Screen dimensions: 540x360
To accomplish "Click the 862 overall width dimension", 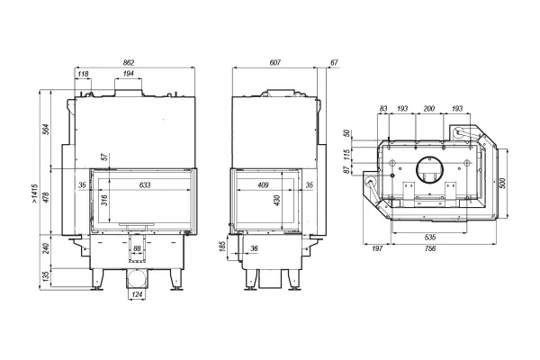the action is [129, 62].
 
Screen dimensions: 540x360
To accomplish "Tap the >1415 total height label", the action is [34, 193].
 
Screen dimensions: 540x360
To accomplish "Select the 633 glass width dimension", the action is [145, 185].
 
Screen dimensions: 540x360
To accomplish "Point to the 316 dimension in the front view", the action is [105, 200].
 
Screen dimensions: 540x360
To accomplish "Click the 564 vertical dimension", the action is [47, 130].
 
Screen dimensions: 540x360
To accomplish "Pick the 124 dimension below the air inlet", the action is [137, 294].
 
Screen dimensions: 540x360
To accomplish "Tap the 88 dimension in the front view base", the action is [137, 248].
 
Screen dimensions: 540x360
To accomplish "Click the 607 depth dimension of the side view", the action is [275, 62].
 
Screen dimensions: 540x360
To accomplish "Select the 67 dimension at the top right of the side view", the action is [334, 62].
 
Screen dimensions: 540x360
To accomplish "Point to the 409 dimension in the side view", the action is [263, 185].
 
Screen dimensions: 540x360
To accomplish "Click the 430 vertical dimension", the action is [277, 200].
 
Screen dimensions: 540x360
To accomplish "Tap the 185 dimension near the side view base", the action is [222, 246].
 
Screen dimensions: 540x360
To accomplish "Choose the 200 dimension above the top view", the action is [429, 109].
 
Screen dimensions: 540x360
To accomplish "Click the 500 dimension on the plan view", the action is [502, 183].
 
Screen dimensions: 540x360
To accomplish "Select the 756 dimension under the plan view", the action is [430, 248].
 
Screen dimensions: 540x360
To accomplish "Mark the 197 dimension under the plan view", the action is [377, 248].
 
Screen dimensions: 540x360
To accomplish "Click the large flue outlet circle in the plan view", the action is [430, 157].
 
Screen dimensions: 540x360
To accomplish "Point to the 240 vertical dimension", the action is [47, 248].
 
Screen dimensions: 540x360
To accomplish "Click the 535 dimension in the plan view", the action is [430, 237].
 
